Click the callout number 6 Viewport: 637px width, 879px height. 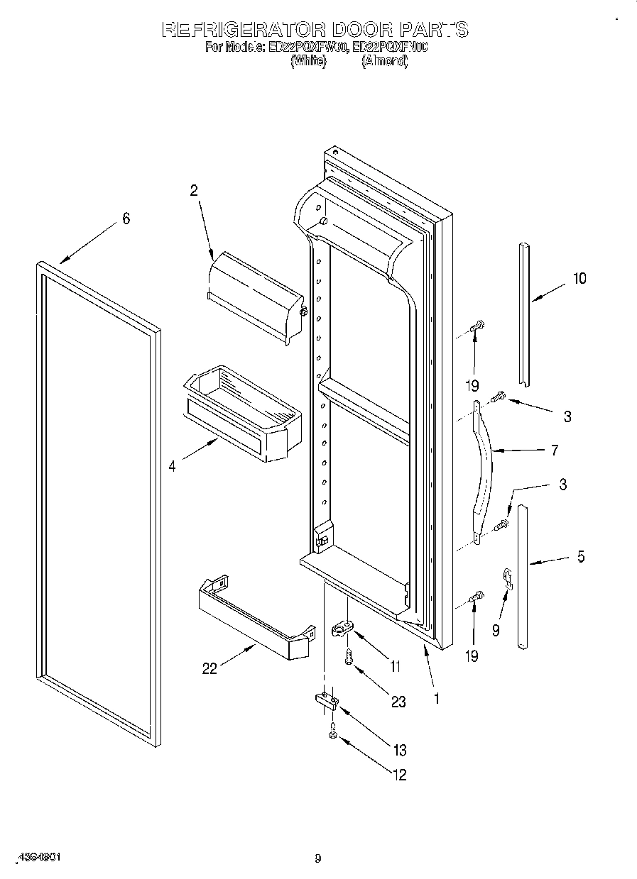pyautogui.click(x=126, y=219)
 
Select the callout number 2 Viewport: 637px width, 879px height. pyautogui.click(x=193, y=190)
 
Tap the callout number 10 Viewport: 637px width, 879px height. pyautogui.click(x=579, y=278)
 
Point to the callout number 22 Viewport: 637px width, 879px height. pyautogui.click(x=209, y=668)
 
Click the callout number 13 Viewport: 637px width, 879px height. pyautogui.click(x=399, y=750)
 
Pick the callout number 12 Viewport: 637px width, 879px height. pyautogui.click(x=399, y=775)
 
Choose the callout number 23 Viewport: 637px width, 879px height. pyautogui.click(x=398, y=702)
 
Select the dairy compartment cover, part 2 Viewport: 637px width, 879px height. pyautogui.click(x=256, y=294)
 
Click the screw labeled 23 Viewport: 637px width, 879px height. pyautogui.click(x=348, y=658)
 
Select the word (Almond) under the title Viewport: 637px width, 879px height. pyautogui.click(x=384, y=62)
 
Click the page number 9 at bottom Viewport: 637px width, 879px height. pyautogui.click(x=317, y=859)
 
